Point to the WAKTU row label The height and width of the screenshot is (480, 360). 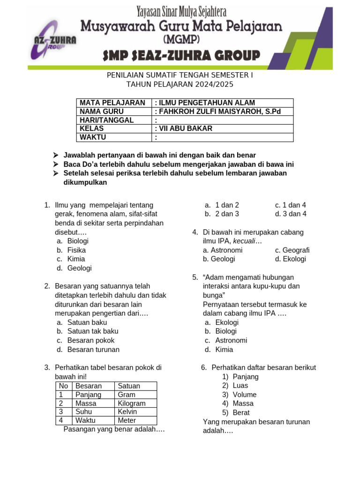[93, 137]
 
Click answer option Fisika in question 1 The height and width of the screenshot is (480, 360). [76, 250]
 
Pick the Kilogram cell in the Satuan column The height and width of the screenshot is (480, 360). [132, 403]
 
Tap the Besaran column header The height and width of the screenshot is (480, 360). [89, 386]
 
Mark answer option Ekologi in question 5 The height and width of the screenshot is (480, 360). [227, 322]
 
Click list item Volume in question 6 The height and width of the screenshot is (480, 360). [244, 394]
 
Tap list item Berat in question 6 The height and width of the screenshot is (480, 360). [241, 412]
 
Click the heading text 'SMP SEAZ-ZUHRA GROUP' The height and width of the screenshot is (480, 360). [181, 56]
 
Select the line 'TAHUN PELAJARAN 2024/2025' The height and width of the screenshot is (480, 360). [180, 84]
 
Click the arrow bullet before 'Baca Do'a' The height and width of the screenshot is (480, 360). [56, 164]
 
